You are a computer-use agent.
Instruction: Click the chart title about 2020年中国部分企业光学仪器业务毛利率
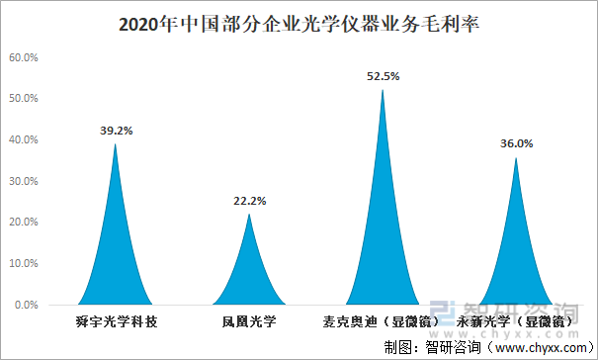299,23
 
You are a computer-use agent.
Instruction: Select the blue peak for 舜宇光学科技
116,257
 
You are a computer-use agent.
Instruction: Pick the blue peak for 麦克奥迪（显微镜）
383,237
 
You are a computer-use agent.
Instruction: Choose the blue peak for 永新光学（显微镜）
515,262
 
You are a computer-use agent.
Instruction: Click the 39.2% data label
117,130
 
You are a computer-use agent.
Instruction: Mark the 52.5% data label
383,75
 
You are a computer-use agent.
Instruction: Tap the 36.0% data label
516,143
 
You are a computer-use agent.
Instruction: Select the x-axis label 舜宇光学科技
117,321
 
